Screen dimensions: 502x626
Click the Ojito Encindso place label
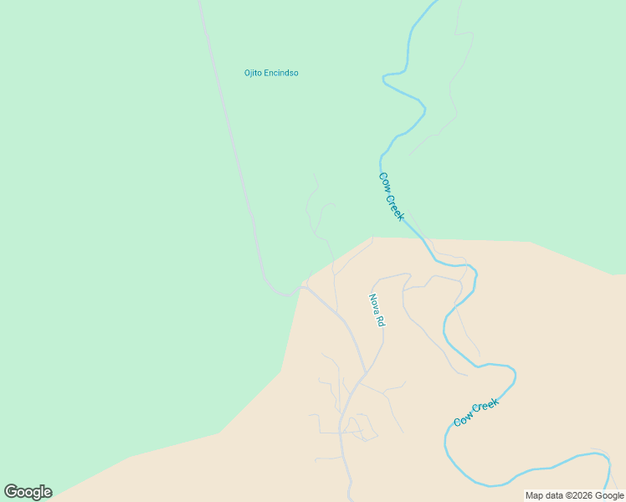[x=271, y=73]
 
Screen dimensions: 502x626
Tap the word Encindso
[x=282, y=73]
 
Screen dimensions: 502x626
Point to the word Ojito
[x=254, y=73]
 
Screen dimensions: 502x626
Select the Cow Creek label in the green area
[x=392, y=197]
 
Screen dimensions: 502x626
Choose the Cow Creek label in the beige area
[x=476, y=413]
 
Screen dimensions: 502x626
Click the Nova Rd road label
[x=377, y=310]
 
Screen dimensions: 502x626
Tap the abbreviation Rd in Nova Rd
[x=380, y=320]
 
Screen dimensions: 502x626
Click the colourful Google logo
[x=28, y=492]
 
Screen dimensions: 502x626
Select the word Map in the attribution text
[x=534, y=495]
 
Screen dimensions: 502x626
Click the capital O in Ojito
[x=247, y=73]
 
